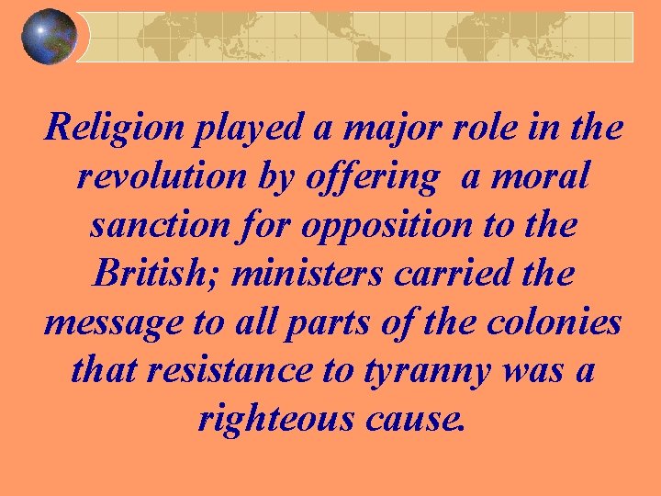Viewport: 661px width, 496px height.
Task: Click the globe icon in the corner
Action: [49, 36]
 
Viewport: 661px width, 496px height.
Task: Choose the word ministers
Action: [292, 272]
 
